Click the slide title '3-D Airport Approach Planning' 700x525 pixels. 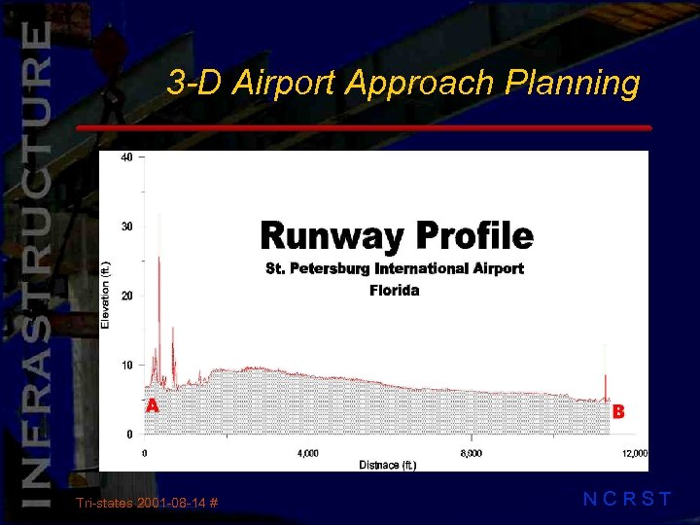402,84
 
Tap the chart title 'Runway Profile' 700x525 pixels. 397,236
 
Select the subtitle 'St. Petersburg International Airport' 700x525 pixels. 395,268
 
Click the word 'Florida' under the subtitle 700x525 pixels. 395,290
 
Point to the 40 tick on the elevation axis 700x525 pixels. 126,157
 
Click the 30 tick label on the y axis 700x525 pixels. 126,227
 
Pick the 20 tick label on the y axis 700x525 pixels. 126,296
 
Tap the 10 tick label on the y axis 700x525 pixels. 126,365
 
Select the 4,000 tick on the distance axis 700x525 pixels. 306,453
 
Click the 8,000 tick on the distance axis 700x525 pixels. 470,453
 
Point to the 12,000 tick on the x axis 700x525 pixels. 634,453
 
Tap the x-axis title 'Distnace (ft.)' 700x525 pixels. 388,466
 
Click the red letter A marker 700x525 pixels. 152,405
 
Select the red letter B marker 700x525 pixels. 618,411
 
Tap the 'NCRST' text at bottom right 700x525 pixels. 627,500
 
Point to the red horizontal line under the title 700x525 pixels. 364,127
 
